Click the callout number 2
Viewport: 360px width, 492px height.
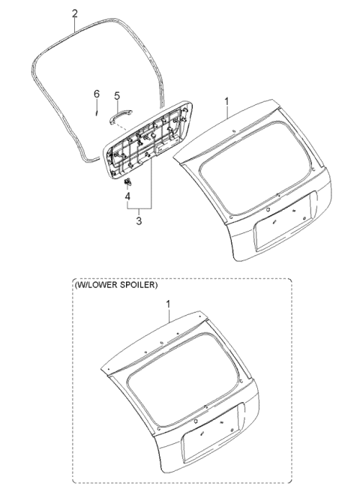(x=75, y=13)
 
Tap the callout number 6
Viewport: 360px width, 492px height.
(x=97, y=94)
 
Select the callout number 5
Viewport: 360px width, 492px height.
(x=117, y=96)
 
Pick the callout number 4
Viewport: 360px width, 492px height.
(x=127, y=196)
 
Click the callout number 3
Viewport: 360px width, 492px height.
(x=139, y=221)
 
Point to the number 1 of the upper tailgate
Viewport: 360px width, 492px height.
(x=226, y=102)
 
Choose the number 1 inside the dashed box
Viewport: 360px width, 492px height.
(x=169, y=304)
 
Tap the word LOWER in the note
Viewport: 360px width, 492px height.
(x=105, y=285)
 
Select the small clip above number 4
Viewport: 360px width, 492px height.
(x=127, y=181)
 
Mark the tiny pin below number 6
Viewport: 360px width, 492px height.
(x=97, y=113)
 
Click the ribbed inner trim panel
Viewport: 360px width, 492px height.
(x=148, y=139)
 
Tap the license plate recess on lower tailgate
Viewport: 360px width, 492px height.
(x=211, y=429)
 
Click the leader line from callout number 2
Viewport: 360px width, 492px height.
(x=75, y=25)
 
